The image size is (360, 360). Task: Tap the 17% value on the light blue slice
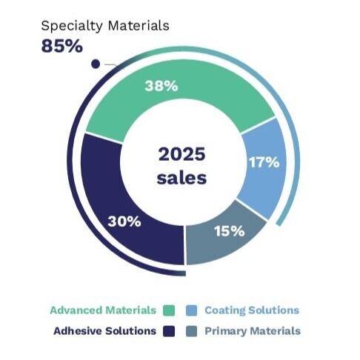(x=263, y=161)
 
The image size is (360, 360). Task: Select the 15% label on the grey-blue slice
(x=229, y=230)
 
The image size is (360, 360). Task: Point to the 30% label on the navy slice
(x=124, y=221)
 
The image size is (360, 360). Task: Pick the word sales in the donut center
(x=182, y=178)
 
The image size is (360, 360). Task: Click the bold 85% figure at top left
(x=61, y=46)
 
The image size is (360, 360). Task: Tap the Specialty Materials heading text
(x=104, y=26)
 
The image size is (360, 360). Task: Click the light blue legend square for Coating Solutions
(x=191, y=310)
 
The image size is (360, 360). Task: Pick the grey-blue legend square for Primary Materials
(x=191, y=330)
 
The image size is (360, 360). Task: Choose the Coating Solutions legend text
(x=252, y=310)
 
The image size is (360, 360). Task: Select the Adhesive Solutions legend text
(x=104, y=330)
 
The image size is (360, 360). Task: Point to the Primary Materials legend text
(x=252, y=330)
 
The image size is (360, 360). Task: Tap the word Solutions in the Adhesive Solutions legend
(x=130, y=330)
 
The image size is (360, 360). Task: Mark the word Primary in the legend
(x=226, y=330)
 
